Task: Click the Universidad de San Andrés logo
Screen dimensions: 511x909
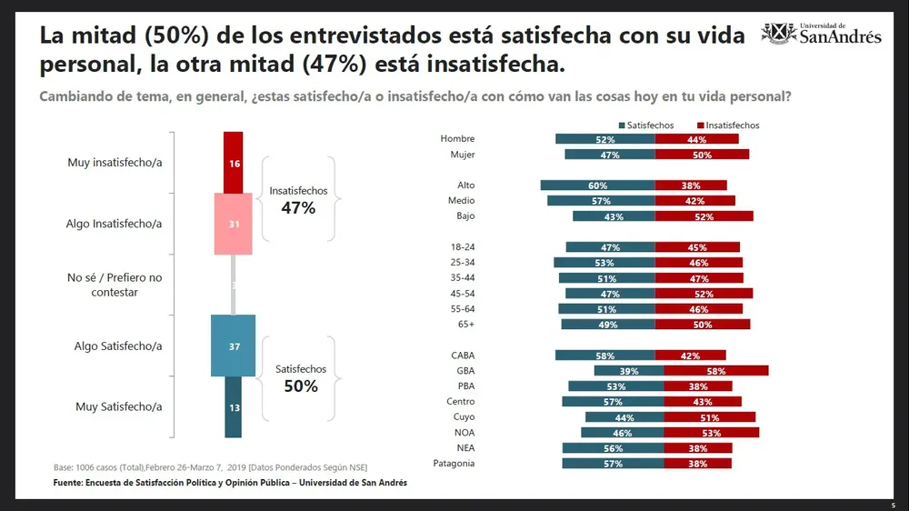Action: pos(821,34)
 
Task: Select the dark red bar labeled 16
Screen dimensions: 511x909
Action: pos(234,162)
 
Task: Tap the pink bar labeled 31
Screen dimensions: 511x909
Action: pos(234,224)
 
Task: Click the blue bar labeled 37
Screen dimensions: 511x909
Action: pos(234,346)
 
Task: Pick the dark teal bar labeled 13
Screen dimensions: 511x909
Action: pos(234,407)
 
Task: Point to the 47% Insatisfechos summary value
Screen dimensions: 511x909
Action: pos(297,208)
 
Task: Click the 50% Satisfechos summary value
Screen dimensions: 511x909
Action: pos(300,386)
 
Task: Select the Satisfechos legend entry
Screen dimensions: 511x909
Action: pos(645,125)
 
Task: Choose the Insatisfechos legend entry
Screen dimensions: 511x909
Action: pos(728,125)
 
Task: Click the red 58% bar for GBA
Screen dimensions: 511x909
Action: pos(715,371)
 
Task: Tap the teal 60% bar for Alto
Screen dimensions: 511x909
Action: pos(597,185)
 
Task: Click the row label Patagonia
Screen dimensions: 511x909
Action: pos(453,464)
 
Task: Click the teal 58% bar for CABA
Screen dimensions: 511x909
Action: pos(604,356)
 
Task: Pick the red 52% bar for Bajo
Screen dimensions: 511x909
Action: pos(704,216)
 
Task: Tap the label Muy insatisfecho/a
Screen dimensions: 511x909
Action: pos(115,163)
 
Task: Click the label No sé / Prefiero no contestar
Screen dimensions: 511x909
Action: pos(115,285)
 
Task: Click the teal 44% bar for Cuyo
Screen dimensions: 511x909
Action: pos(624,417)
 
